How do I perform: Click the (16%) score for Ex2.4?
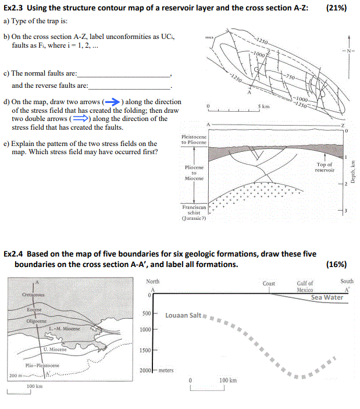pyautogui.click(x=337, y=264)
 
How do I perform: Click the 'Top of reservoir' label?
pyautogui.click(x=325, y=167)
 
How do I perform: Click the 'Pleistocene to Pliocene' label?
pyautogui.click(x=194, y=140)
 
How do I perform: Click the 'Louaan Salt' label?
pyautogui.click(x=183, y=315)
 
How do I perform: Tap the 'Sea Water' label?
pyautogui.click(x=327, y=297)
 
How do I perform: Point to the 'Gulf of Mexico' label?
pyautogui.click(x=305, y=286)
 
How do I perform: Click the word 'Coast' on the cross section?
pyautogui.click(x=269, y=284)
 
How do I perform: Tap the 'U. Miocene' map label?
pyautogui.click(x=55, y=350)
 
